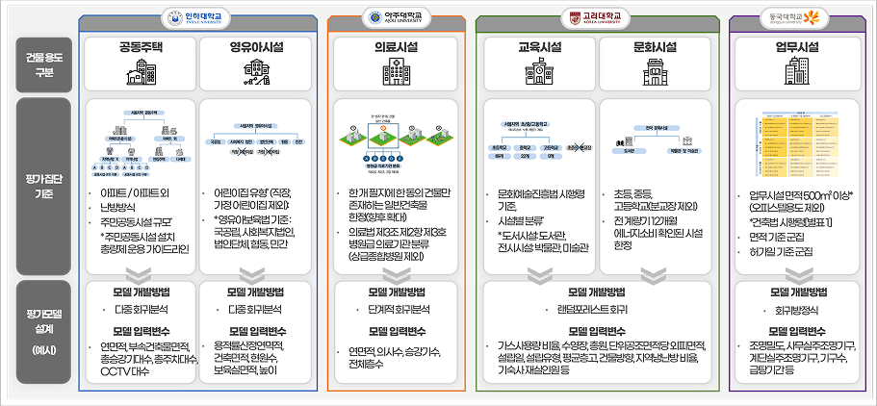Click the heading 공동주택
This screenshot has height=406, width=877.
(x=142, y=46)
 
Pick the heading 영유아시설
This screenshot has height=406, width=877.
(x=255, y=46)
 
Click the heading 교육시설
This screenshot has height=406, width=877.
(x=540, y=46)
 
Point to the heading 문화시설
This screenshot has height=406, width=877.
(x=656, y=46)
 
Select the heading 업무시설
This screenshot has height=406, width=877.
(x=794, y=46)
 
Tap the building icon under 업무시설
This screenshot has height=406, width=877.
(x=795, y=70)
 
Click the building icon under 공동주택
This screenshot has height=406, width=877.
(x=142, y=70)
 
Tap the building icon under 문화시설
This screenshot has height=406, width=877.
(x=656, y=70)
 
